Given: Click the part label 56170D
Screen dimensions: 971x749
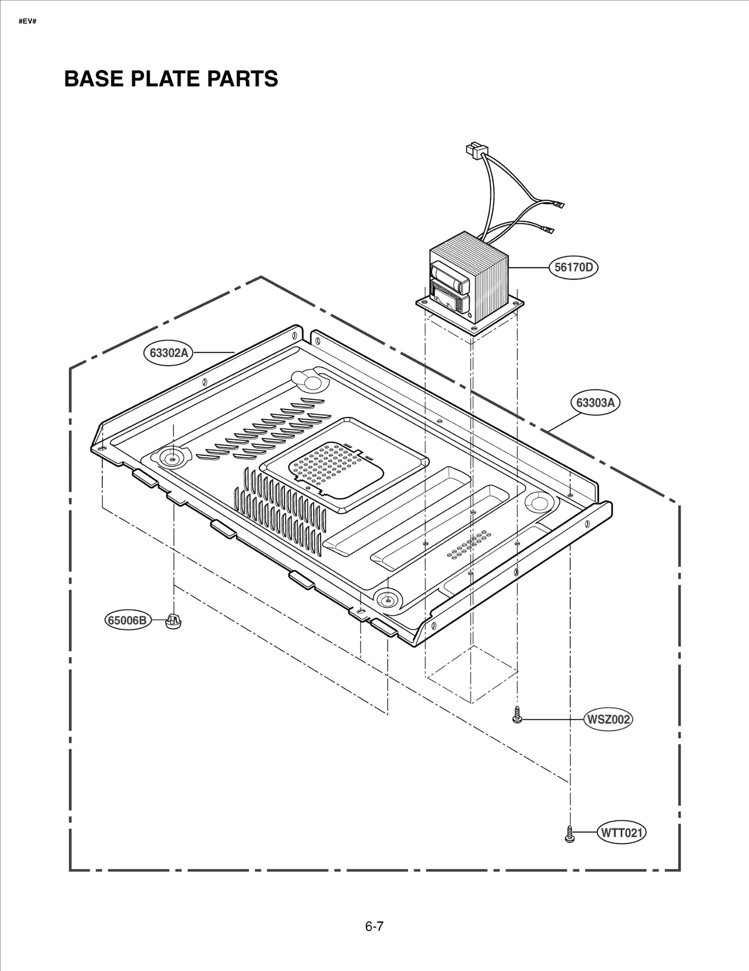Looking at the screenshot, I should pos(573,267).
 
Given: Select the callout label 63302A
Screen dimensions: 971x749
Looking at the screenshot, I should pos(169,352).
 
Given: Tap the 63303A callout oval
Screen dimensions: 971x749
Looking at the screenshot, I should pos(595,402).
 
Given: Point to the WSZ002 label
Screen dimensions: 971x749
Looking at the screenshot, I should pos(608,719).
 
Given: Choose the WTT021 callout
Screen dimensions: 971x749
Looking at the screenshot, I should pos(622,833).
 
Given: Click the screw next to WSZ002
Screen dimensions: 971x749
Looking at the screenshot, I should pos(517,715).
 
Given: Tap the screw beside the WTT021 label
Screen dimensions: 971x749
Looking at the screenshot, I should pos(569,834).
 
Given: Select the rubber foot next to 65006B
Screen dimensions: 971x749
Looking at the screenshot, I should pos(174,622).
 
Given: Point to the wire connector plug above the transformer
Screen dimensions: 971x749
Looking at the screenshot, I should pos(473,150).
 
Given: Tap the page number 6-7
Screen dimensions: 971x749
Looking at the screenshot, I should pos(374,927).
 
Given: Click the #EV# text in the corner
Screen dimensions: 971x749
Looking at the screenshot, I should pos(27,22).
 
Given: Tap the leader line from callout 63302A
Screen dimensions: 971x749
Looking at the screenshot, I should pos(213,352).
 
